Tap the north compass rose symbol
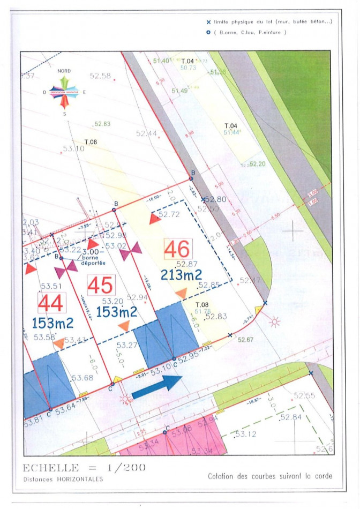pyautogui.click(x=64, y=92)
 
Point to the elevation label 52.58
pyautogui.click(x=100, y=76)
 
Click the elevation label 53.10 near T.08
pyautogui.click(x=73, y=148)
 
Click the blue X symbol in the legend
pyautogui.click(x=208, y=23)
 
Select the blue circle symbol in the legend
pyautogui.click(x=208, y=32)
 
